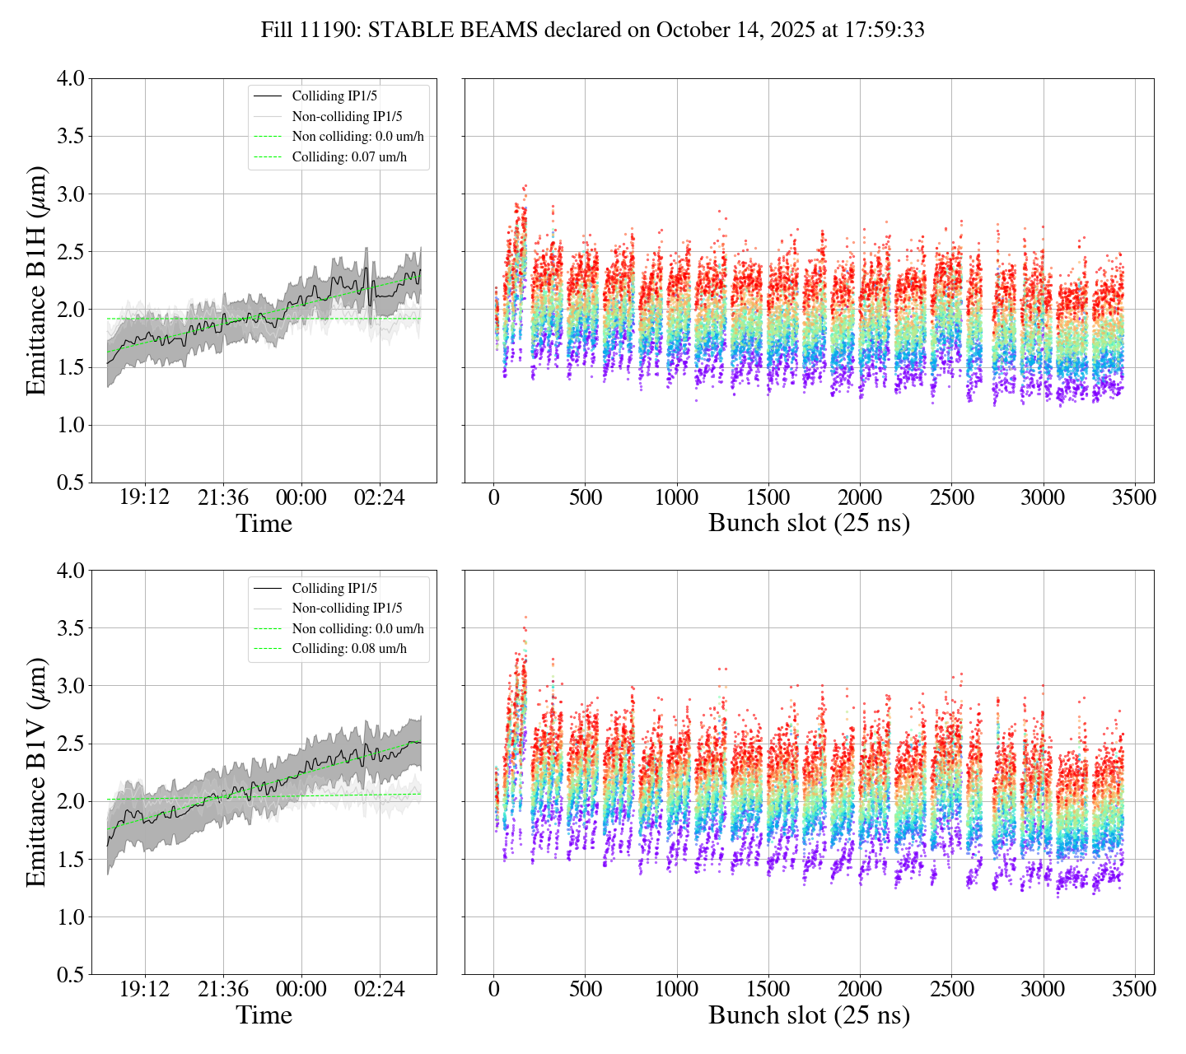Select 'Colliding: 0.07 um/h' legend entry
[349, 156]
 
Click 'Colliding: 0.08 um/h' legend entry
[349, 648]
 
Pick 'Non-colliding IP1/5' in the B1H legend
[347, 117]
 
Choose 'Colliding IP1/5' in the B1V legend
[334, 588]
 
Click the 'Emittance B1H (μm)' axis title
[36, 280]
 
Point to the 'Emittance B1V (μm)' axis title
[36, 772]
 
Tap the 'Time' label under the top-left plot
[264, 524]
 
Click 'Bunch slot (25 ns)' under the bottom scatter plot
[809, 1015]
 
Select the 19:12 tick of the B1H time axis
[145, 498]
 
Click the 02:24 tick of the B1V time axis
[380, 990]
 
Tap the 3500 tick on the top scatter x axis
[1134, 498]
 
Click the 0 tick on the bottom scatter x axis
[493, 990]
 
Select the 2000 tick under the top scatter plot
[860, 498]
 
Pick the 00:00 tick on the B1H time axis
[301, 498]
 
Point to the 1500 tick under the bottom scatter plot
[768, 990]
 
